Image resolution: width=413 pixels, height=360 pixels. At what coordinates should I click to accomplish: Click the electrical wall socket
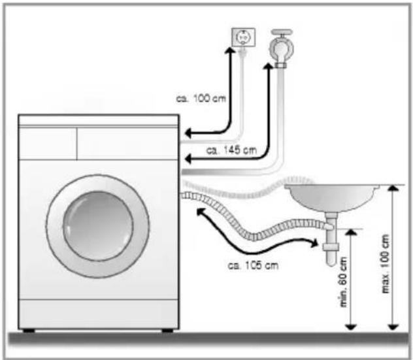tap(243, 37)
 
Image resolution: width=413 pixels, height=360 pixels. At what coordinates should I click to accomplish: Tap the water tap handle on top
tap(282, 32)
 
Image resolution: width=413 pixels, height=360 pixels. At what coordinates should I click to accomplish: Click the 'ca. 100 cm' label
tap(201, 99)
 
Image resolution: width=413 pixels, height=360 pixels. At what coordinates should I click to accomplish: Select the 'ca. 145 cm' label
tap(231, 150)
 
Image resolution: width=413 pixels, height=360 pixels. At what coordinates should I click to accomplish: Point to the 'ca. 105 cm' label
tap(253, 265)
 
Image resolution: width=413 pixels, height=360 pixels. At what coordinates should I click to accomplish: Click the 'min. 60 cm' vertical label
tap(344, 282)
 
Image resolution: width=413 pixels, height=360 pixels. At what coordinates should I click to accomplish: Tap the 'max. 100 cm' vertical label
tap(385, 264)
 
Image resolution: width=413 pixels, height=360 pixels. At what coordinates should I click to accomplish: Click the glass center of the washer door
tap(98, 226)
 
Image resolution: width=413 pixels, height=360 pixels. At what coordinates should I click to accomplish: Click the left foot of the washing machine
tap(29, 331)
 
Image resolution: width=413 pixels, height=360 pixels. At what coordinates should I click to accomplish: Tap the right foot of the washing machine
tap(167, 331)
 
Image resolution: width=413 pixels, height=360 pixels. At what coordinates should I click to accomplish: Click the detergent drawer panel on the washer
tap(48, 144)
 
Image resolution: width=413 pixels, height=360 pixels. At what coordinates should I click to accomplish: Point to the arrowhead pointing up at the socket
tap(230, 50)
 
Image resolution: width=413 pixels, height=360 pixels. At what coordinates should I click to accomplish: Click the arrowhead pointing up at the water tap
tap(269, 66)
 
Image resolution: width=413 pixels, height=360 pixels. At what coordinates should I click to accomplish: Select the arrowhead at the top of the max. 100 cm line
tap(393, 188)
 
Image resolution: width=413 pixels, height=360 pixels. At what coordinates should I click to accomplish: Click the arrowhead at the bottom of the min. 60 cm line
tap(351, 327)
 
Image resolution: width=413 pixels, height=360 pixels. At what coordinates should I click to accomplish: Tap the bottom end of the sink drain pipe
tap(331, 263)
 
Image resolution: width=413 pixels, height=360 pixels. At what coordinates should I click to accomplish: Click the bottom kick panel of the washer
tap(99, 314)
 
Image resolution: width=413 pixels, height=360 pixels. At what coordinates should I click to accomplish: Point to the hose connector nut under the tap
tap(281, 65)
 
